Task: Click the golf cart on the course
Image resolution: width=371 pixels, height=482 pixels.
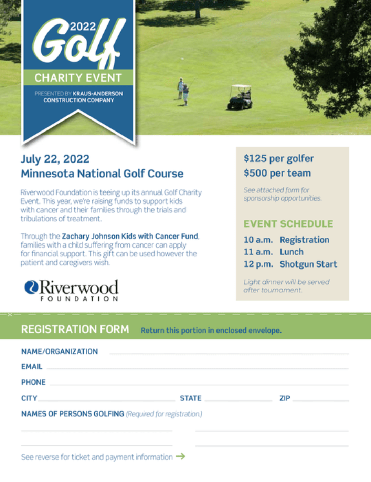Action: [240, 97]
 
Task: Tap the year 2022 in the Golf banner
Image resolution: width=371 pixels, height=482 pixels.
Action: [83, 27]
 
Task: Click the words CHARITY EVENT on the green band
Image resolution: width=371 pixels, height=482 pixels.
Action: [78, 78]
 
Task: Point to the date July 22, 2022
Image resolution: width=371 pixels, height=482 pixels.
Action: [55, 159]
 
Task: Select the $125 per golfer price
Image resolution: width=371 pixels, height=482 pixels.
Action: [279, 158]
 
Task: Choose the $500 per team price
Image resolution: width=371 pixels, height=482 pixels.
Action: [277, 173]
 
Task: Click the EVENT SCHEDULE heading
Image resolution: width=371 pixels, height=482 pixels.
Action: [288, 224]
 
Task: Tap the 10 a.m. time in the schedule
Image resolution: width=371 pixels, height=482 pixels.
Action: [258, 240]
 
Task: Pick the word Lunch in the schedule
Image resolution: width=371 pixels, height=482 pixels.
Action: [291, 252]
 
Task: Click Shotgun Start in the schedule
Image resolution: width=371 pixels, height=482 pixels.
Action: [308, 264]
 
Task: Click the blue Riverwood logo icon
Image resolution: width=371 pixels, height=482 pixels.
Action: [31, 287]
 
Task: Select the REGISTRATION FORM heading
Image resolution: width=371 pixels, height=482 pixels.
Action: [75, 329]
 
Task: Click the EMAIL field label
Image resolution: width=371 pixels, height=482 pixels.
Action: [32, 367]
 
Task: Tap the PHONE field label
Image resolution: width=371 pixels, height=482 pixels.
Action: [33, 382]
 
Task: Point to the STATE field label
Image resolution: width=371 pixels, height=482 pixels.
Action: [191, 398]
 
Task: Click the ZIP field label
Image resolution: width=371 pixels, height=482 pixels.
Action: [285, 398]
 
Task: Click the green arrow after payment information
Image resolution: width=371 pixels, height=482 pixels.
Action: [180, 457]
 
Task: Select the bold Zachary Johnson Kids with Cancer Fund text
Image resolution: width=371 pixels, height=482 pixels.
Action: [130, 236]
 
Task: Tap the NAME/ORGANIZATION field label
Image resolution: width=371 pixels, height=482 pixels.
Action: [60, 352]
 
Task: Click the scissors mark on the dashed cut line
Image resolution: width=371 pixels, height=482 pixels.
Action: [10, 314]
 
